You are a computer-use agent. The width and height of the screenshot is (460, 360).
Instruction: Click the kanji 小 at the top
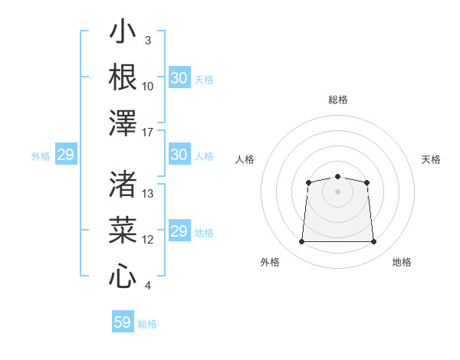tap(123, 31)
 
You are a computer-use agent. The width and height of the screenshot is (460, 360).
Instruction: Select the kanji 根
tap(123, 77)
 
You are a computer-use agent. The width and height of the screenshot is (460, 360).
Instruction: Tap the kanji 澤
tap(123, 123)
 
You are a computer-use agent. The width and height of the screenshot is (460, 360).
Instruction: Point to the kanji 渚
tap(123, 184)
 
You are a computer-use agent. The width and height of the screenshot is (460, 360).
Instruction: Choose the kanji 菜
tap(123, 230)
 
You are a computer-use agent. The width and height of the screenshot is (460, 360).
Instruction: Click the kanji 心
tap(123, 276)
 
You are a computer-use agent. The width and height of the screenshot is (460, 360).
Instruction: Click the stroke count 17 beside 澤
tap(147, 133)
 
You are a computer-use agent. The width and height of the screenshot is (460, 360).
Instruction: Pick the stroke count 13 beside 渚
tap(147, 194)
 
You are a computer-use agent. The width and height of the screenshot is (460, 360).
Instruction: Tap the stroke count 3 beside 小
tap(148, 41)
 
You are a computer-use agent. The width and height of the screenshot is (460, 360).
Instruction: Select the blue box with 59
tap(123, 321)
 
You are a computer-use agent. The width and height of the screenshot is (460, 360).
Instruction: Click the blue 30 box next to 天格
tap(179, 77)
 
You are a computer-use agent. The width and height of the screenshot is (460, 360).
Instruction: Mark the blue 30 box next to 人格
tap(179, 154)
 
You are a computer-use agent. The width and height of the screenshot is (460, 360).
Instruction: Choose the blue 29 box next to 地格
tap(179, 230)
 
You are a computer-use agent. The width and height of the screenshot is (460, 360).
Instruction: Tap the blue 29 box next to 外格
tap(66, 154)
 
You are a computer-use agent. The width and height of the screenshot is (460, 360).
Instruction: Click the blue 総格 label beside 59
tap(147, 324)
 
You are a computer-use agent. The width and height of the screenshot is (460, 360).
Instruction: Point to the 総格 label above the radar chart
tap(338, 100)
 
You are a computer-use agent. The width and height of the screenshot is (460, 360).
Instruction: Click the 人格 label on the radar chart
tap(245, 159)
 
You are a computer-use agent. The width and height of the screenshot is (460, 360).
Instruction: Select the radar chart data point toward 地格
tap(373, 241)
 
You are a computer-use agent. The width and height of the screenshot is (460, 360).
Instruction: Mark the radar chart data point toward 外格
tap(301, 241)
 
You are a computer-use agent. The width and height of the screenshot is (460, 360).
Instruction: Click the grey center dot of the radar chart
tap(337, 191)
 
